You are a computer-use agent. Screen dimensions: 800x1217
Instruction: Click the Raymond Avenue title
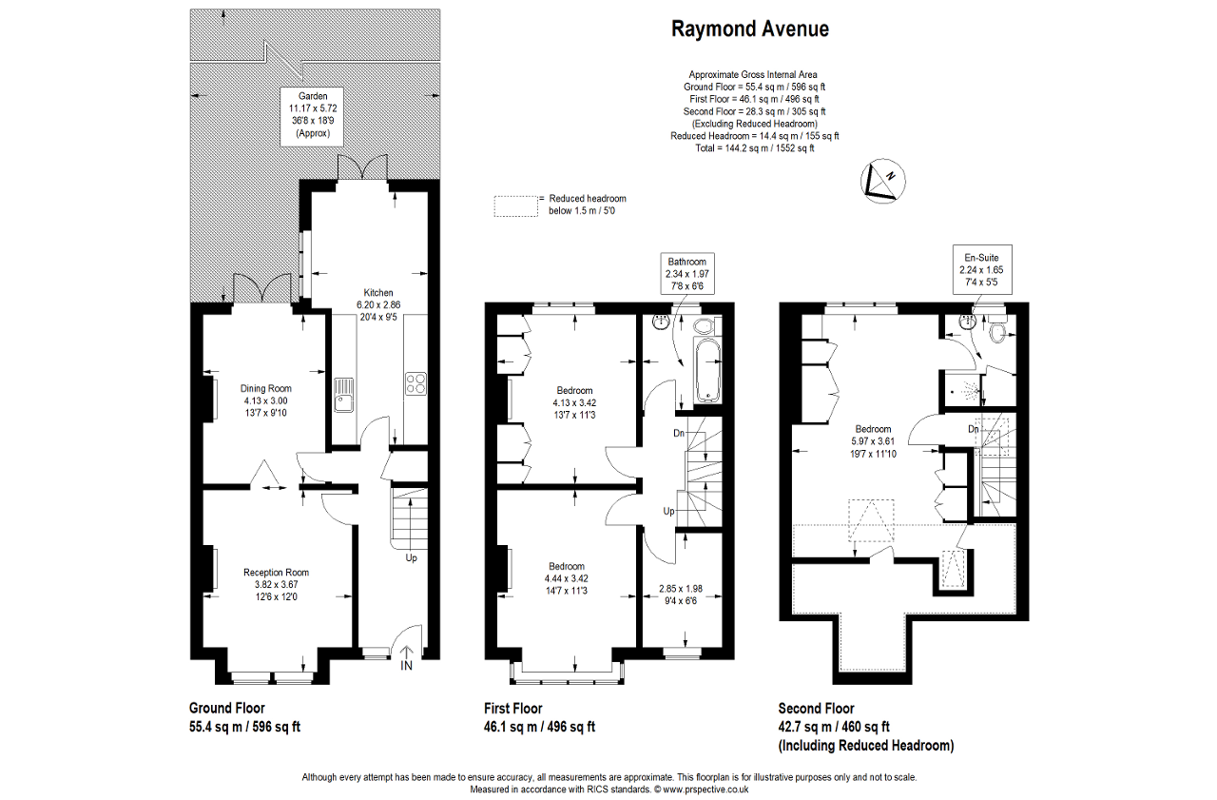pos(749,29)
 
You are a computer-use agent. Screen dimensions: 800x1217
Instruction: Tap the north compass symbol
pos(881,181)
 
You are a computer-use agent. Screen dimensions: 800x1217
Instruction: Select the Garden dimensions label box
pos(313,115)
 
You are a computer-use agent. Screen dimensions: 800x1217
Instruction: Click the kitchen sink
pos(344,394)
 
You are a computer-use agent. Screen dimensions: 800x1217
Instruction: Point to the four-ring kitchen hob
pos(416,383)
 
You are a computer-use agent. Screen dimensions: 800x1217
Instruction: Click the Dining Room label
pos(265,400)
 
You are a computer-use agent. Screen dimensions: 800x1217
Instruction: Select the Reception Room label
pos(276,584)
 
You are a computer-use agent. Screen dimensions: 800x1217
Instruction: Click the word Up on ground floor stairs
pos(411,557)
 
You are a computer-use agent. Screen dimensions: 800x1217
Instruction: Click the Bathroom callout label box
pos(686,274)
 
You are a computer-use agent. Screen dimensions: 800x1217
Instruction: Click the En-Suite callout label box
pos(982,269)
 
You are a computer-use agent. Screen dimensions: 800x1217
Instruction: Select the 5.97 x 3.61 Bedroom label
pos(873,440)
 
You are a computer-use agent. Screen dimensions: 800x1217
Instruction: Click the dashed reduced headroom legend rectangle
pos(514,205)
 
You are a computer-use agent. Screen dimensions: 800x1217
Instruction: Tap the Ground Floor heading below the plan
pos(227,708)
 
